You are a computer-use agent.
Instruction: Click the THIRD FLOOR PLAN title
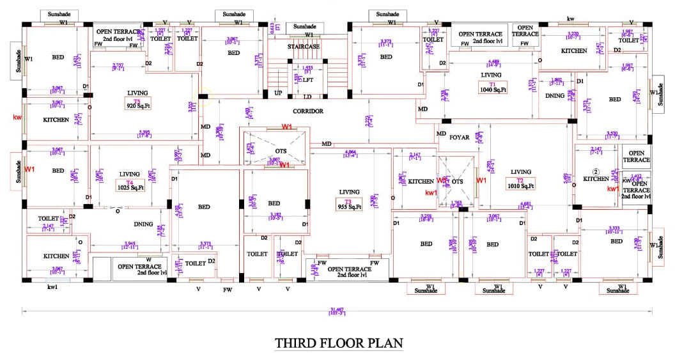(x=339, y=343)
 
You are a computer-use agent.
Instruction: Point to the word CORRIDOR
(x=309, y=111)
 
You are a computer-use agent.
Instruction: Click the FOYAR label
(x=459, y=137)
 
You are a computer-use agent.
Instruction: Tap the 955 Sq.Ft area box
(x=349, y=207)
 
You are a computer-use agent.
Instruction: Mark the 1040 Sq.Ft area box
(x=492, y=90)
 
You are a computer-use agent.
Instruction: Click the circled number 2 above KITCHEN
(x=595, y=171)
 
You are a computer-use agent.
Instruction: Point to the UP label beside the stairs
(x=278, y=93)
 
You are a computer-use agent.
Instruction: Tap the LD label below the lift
(x=307, y=97)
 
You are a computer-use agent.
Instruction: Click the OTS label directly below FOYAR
(x=457, y=182)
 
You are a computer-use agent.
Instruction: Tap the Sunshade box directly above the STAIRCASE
(x=304, y=27)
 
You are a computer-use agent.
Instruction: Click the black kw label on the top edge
(x=570, y=20)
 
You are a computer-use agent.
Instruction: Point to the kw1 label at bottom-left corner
(x=53, y=287)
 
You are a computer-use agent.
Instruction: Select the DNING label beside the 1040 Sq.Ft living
(x=555, y=96)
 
